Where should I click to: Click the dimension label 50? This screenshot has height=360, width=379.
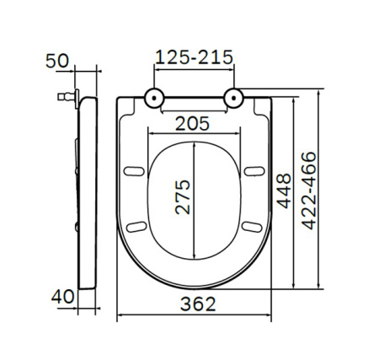point(57,61)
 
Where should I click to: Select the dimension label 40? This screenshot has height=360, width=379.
point(62,296)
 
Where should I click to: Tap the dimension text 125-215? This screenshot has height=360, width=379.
point(194,57)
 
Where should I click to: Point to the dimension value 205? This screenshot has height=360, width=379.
point(192,124)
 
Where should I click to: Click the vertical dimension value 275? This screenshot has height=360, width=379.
point(183,197)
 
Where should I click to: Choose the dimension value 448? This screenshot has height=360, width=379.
point(284,191)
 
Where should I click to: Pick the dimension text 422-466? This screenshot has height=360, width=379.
point(309,191)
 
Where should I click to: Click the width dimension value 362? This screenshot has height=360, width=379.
point(198,304)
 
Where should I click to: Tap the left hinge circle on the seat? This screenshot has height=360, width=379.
point(154,98)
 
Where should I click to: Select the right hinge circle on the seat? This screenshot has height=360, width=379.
point(234,98)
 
